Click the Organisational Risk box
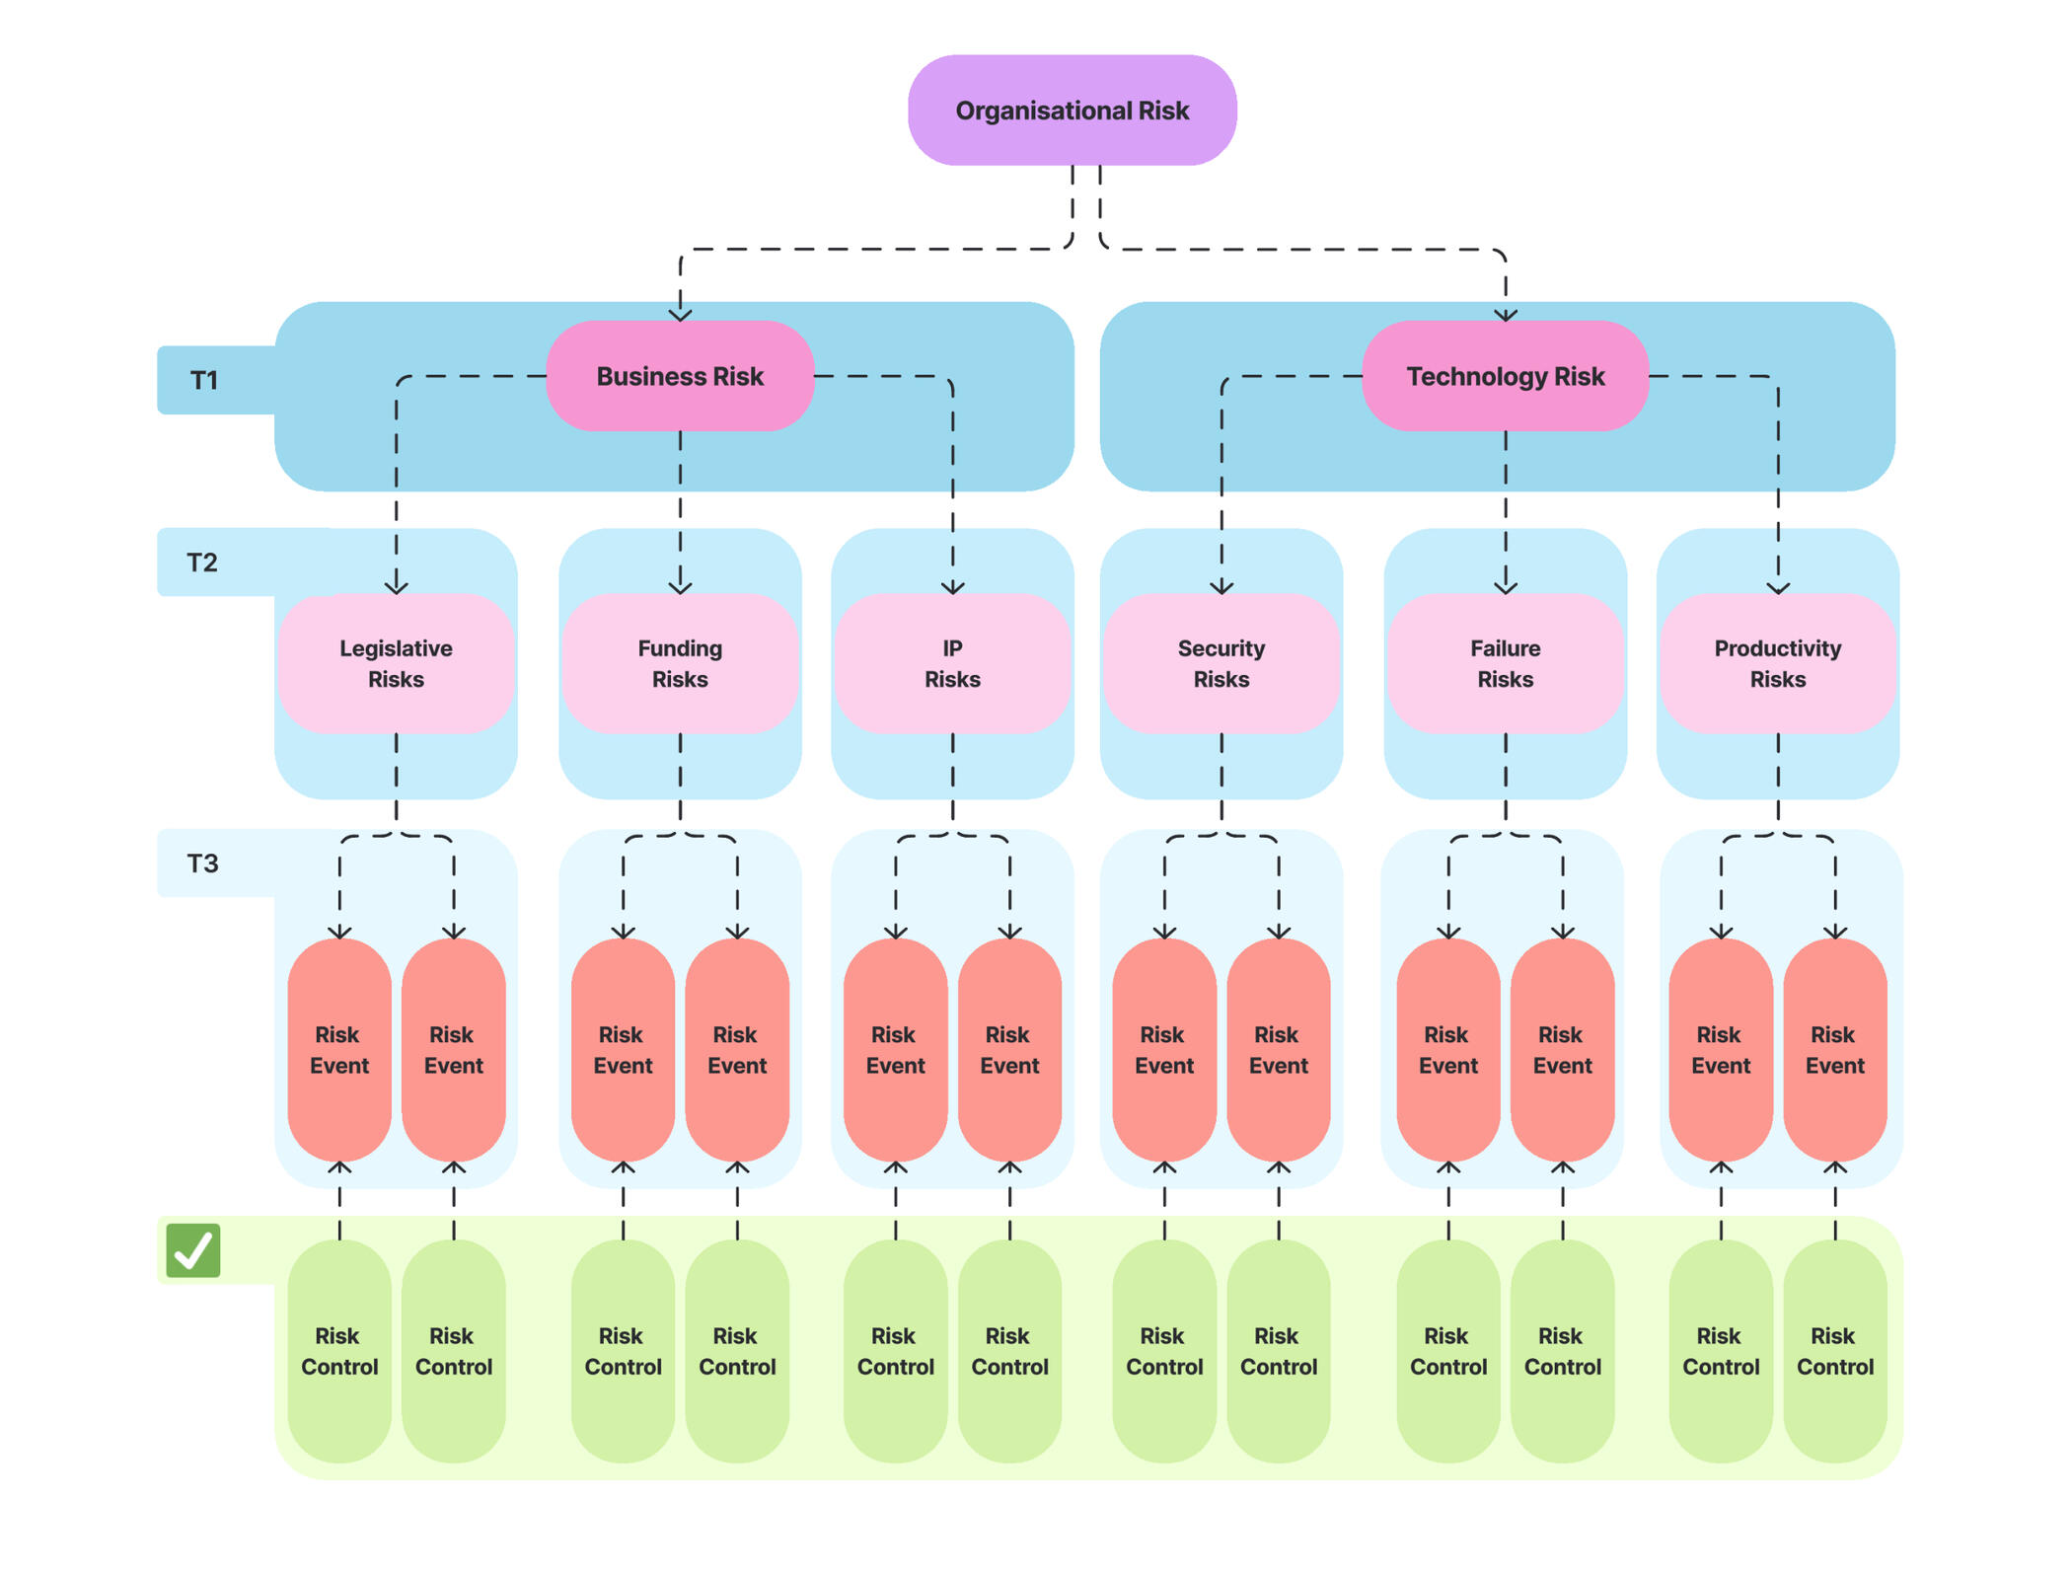[1072, 111]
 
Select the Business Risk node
[680, 376]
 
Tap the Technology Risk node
[1505, 376]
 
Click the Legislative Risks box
[396, 663]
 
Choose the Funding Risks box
[680, 663]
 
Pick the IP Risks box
[952, 663]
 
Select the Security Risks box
[1221, 663]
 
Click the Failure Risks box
[1505, 663]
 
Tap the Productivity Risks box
[1777, 663]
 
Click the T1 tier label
[204, 380]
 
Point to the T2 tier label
[202, 562]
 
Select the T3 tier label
[203, 863]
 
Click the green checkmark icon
[193, 1250]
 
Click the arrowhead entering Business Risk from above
[680, 315]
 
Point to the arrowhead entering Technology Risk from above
[1505, 315]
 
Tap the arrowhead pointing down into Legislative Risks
[396, 587]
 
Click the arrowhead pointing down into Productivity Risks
[1777, 587]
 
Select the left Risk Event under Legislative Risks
[339, 1050]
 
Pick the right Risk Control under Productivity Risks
[1834, 1351]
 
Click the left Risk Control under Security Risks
[1164, 1351]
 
